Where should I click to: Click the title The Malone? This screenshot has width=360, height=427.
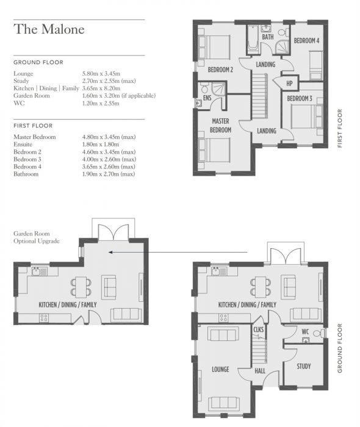pos(49,29)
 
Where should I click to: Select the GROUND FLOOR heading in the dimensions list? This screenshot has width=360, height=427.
pos(38,62)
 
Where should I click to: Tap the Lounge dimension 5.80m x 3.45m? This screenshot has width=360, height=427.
pos(107,74)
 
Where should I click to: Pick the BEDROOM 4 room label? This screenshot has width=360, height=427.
pos(306,41)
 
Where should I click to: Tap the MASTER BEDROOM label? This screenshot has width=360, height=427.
pos(221,126)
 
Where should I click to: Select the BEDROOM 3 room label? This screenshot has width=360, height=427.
pos(300,99)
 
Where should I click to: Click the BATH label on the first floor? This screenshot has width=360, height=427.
pos(267,37)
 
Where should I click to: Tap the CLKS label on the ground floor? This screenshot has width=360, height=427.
pos(258,329)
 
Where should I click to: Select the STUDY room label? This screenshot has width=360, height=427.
pos(303,367)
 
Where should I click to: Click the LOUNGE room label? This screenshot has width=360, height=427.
pos(220,370)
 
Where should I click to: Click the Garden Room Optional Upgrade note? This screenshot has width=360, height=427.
pos(37,237)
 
